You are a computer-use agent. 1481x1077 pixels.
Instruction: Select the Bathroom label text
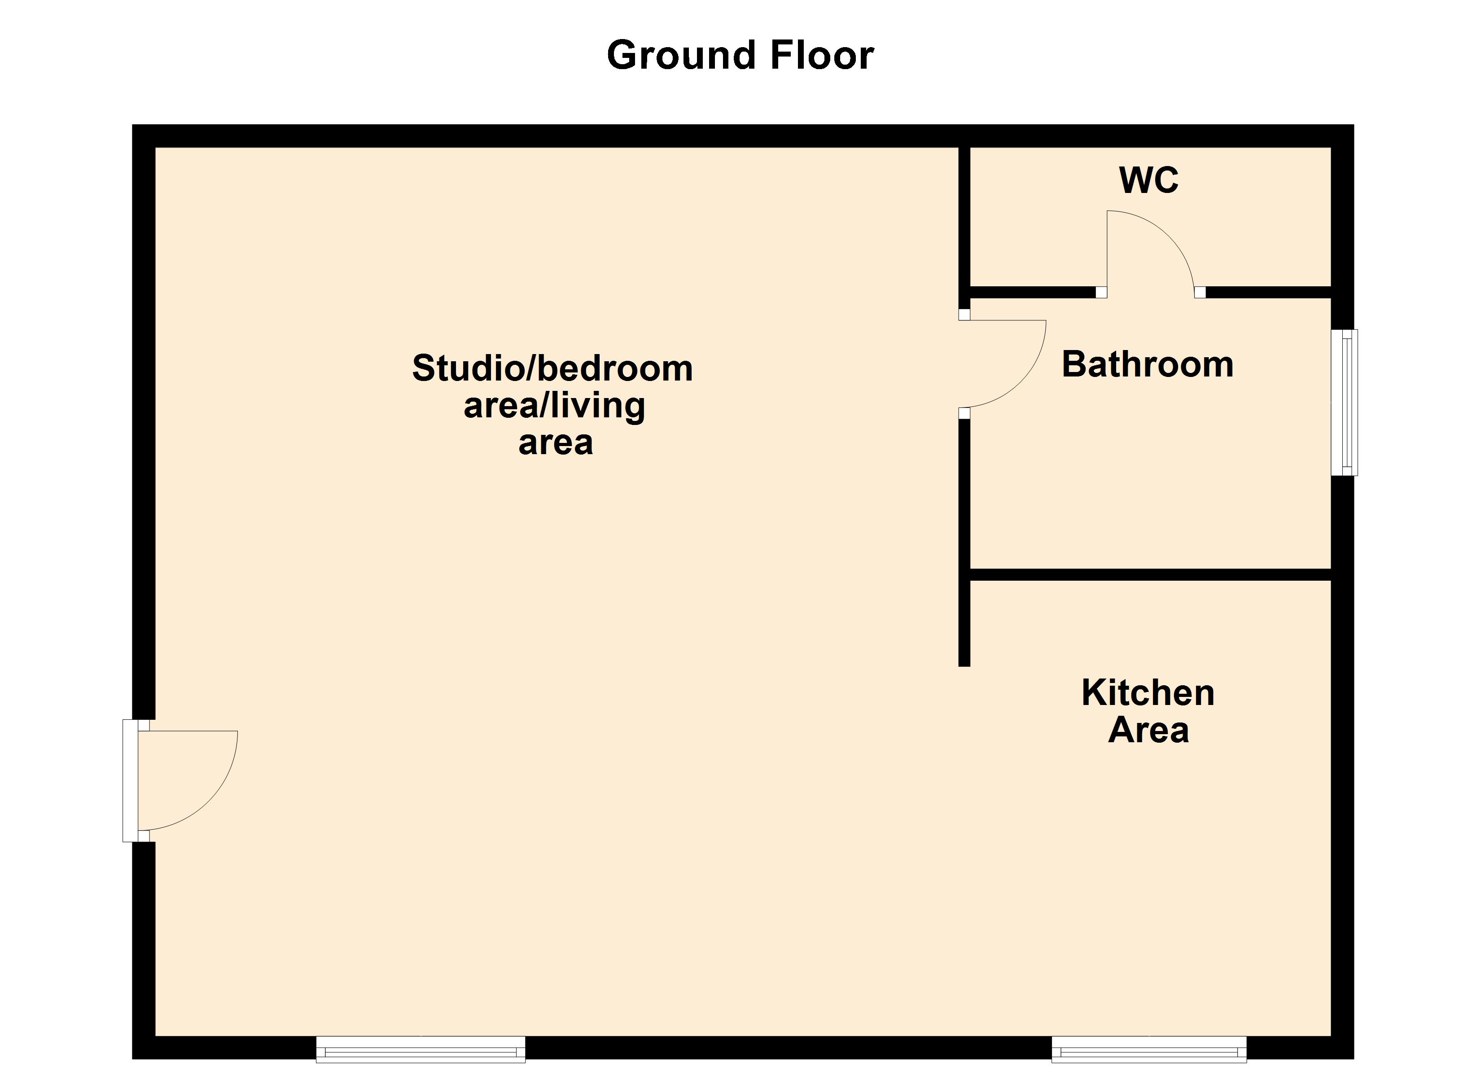[x=1147, y=364]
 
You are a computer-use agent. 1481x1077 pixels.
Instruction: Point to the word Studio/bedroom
[x=552, y=368]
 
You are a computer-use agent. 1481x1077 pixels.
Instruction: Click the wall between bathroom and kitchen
[x=1149, y=575]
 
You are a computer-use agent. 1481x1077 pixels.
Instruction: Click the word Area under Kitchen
[x=1148, y=730]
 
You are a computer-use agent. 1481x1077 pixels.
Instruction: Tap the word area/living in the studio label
[x=554, y=406]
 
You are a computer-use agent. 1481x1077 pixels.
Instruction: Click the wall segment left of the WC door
[x=1032, y=292]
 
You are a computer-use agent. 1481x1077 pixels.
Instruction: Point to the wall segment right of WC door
[x=1267, y=292]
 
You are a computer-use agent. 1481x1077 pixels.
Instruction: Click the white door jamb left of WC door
[x=1101, y=292]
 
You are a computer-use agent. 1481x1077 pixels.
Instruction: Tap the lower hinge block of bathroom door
[x=964, y=413]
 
